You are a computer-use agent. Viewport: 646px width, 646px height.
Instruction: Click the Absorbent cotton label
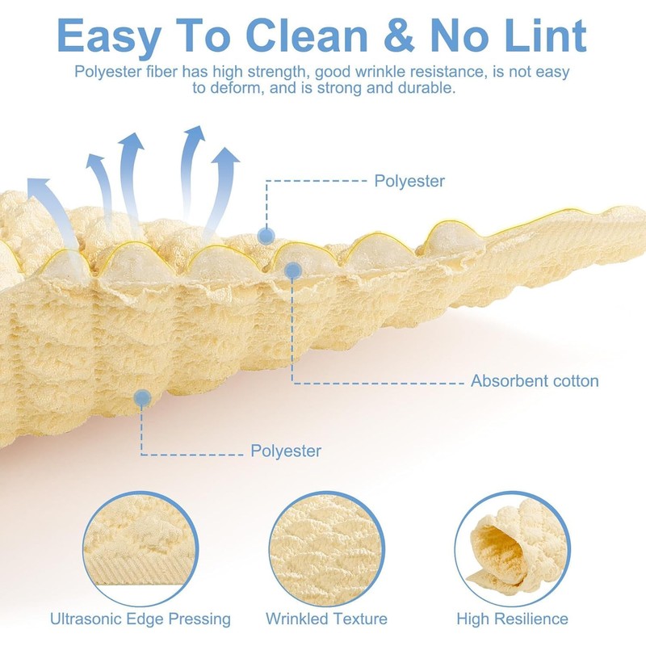pyautogui.click(x=535, y=381)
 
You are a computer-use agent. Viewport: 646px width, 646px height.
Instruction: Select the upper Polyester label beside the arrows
pyautogui.click(x=409, y=181)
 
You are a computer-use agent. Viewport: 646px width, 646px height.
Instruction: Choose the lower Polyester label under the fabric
pyautogui.click(x=285, y=451)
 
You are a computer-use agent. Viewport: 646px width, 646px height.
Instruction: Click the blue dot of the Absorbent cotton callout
pyautogui.click(x=292, y=272)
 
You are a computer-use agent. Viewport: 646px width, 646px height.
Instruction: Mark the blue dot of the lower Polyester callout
pyautogui.click(x=142, y=396)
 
